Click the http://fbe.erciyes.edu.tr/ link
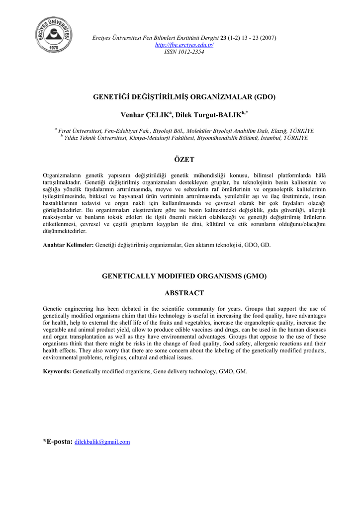tap(184, 45)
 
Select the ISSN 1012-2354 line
tap(184, 52)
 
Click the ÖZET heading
tap(184, 160)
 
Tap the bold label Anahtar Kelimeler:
tap(68, 245)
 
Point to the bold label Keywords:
tap(57, 371)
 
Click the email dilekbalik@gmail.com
tap(102, 442)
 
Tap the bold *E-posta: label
tap(58, 441)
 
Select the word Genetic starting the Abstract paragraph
tap(53, 309)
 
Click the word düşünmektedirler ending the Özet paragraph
tap(65, 231)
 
